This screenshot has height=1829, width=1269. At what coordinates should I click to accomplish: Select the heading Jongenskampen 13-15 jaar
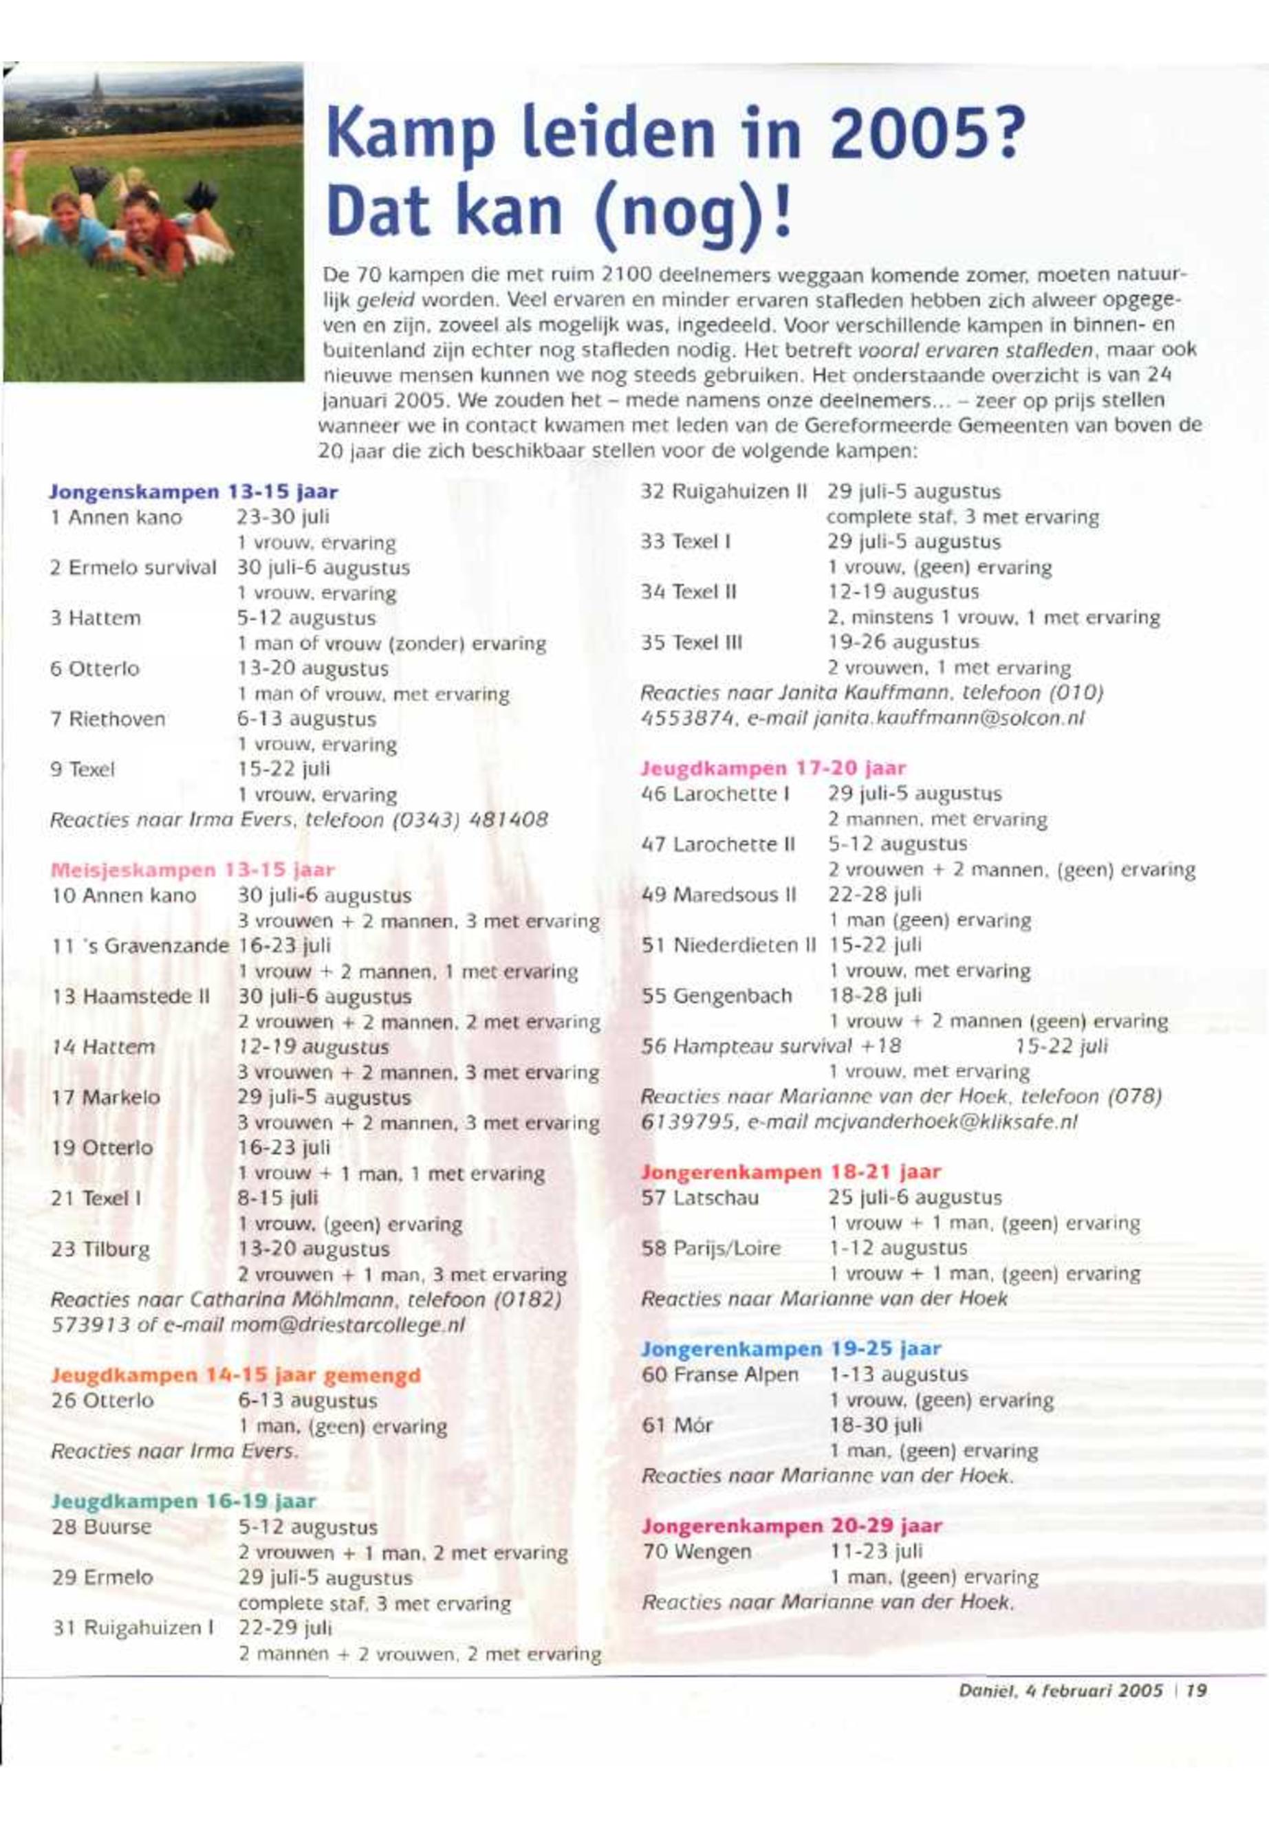[x=193, y=492]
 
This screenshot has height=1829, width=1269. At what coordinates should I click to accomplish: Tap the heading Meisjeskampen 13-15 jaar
[x=193, y=870]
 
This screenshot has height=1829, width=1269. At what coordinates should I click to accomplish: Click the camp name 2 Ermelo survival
[x=133, y=567]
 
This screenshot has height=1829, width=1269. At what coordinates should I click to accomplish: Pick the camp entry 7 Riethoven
[x=107, y=719]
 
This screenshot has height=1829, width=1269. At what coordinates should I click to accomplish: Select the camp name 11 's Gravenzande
[x=139, y=946]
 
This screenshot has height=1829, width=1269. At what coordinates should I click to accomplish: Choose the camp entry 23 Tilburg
[x=100, y=1249]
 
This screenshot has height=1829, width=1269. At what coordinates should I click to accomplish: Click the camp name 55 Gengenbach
[x=717, y=996]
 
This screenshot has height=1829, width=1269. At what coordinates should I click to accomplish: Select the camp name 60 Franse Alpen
[x=719, y=1375]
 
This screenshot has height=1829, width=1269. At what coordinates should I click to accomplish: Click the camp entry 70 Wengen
[x=696, y=1551]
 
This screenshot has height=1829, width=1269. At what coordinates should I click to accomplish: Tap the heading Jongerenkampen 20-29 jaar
[x=791, y=1525]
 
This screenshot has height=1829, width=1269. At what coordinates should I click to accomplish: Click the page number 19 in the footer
[x=1197, y=1691]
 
